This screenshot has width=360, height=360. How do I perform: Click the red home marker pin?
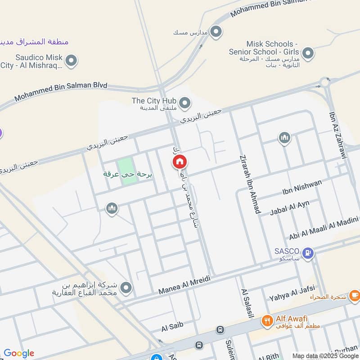tap(180, 162)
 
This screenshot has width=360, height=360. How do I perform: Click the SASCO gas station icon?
tap(308, 253)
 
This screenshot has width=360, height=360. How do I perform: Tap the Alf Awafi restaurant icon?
tap(267, 321)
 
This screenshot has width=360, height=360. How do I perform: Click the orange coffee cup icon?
tap(355, 295)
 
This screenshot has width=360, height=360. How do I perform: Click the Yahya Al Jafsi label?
tap(292, 293)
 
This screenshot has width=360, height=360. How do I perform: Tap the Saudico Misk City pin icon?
tap(71, 60)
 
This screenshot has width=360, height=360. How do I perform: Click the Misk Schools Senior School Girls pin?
tap(308, 54)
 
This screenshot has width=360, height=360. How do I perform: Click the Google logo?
tap(19, 353)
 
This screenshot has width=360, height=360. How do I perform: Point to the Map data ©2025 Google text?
tap(324, 355)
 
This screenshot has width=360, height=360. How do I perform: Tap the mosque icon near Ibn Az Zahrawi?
tap(284, 138)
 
